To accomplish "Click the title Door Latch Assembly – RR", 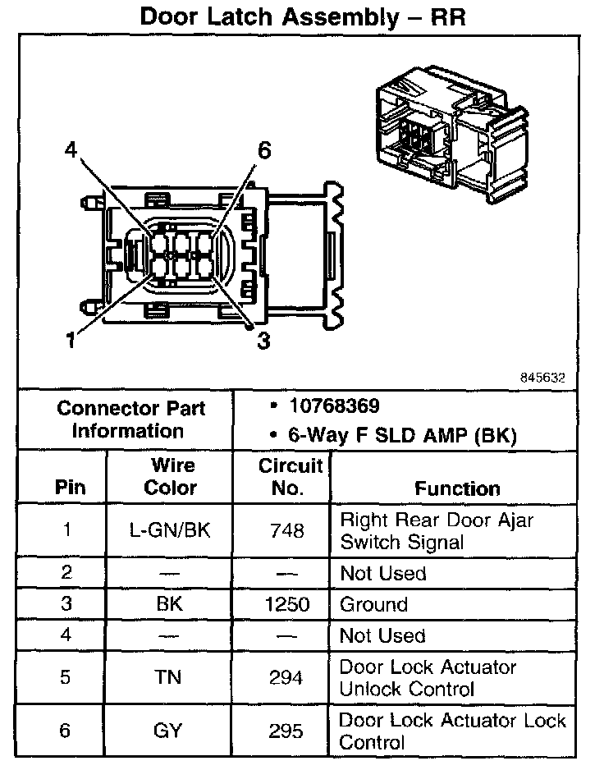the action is (x=303, y=16).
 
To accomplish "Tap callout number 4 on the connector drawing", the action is (x=71, y=149).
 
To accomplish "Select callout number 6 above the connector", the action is (x=263, y=150).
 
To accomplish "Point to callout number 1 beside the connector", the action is (x=71, y=339).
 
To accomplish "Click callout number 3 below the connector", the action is (x=263, y=340).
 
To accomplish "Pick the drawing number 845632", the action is (x=542, y=378).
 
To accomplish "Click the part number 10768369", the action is (x=334, y=406).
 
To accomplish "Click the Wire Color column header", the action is (x=171, y=477).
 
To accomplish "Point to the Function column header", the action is (x=457, y=488).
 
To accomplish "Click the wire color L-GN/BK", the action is (x=171, y=530).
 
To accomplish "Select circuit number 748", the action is (x=286, y=530).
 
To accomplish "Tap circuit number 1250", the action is (x=286, y=605).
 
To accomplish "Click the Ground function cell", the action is (x=373, y=605).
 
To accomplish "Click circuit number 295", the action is (x=286, y=731).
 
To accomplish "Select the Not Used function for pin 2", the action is (x=383, y=573).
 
